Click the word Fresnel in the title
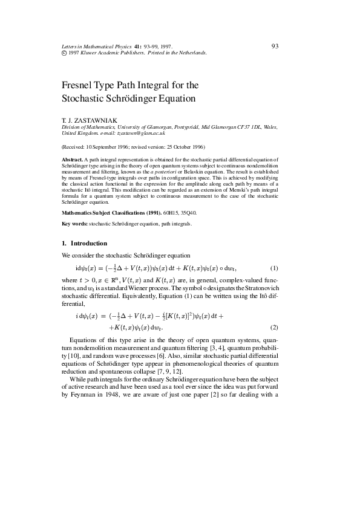point(79,85)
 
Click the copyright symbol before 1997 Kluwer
point(64,53)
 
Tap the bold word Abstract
point(73,158)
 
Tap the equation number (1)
point(273,268)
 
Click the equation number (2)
point(273,327)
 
